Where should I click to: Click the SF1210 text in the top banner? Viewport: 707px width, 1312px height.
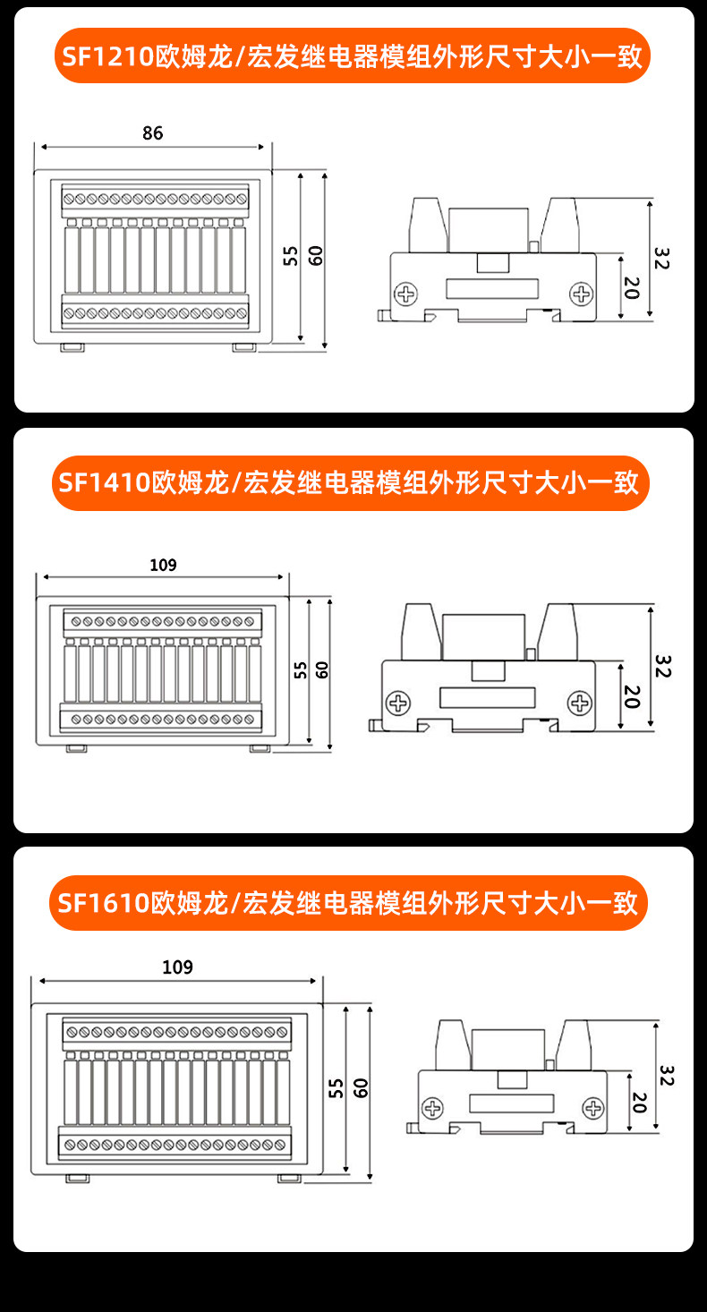pos(107,56)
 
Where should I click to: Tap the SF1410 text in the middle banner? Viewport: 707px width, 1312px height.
pos(105,482)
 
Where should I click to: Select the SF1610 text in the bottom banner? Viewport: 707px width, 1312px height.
pos(104,903)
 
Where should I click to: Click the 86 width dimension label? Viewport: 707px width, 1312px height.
pos(153,133)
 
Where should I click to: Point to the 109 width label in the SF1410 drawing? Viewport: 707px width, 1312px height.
pos(163,565)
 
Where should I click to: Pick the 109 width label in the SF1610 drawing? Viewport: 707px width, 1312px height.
pos(177,967)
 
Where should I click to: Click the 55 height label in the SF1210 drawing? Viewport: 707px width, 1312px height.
pos(291,255)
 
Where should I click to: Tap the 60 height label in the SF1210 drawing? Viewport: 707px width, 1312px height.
pos(315,255)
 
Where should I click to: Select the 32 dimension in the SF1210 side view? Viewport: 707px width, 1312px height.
pos(661,259)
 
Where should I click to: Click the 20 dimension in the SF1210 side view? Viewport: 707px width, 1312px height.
pos(631,287)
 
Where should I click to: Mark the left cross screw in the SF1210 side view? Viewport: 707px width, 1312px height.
pos(406,294)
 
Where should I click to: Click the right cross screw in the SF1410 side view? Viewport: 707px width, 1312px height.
pos(580,703)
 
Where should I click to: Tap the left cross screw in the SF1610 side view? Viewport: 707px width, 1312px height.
pos(433,1108)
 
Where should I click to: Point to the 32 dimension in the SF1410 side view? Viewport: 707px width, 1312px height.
pos(662,666)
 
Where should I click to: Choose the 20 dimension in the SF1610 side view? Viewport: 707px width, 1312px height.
pos(639,1103)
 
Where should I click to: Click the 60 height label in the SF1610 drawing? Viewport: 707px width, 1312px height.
pos(361,1087)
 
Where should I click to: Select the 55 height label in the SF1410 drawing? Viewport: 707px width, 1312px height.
pos(301,670)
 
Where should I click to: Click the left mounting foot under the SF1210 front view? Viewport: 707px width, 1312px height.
pos(72,347)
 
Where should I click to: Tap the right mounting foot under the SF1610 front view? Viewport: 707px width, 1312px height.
pos(289,1178)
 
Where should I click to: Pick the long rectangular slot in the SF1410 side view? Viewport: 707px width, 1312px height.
pos(488,697)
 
